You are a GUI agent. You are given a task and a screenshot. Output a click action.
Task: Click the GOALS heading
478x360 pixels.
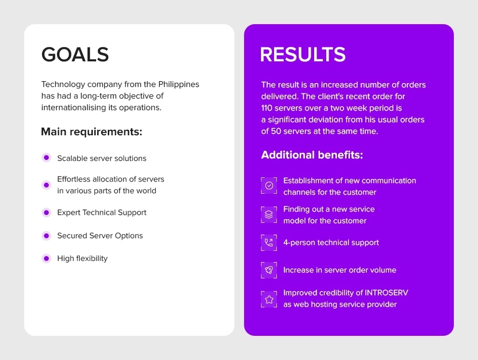click(75, 55)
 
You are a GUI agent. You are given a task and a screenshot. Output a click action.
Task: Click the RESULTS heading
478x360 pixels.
click(303, 55)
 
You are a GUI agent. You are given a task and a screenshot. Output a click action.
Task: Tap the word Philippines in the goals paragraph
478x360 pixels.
click(179, 85)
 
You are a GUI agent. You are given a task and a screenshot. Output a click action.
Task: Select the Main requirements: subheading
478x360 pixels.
click(91, 132)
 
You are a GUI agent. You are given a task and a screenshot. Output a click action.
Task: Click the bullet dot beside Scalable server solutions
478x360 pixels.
click(46, 158)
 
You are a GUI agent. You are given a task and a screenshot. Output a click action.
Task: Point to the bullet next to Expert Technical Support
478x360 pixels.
click(46, 213)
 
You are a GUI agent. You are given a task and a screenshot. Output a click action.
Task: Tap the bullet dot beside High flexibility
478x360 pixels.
click(46, 259)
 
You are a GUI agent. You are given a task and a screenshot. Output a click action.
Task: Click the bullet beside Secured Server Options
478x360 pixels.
click(46, 236)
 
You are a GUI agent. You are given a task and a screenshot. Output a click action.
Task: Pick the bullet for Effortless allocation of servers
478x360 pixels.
click(46, 185)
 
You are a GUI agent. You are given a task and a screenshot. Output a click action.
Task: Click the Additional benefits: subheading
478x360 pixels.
click(312, 155)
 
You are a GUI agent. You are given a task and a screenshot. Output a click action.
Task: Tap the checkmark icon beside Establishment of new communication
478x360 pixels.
click(269, 186)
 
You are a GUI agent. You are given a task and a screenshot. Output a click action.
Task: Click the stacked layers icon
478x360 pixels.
click(269, 215)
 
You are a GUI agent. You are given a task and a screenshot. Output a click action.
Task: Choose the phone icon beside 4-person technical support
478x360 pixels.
click(269, 243)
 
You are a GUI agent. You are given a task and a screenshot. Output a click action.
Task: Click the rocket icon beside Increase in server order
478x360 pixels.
click(269, 270)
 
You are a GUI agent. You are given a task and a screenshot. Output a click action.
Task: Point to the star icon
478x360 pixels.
click(269, 299)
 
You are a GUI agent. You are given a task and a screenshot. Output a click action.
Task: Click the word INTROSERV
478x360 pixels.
click(386, 293)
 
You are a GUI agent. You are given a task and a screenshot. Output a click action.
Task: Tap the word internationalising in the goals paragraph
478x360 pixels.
click(73, 108)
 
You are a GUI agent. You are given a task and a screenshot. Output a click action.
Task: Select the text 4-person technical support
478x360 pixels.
click(331, 243)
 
